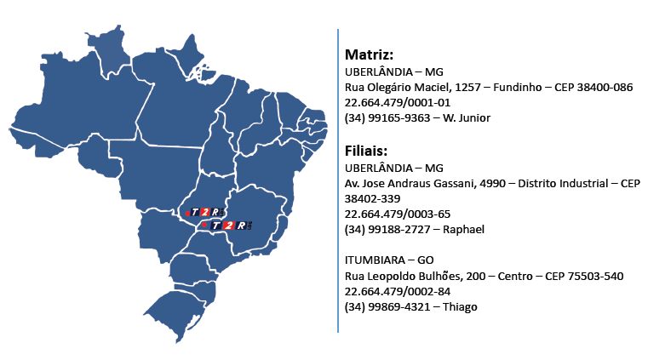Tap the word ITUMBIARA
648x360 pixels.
click(x=375, y=260)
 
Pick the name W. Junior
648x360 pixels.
click(x=466, y=118)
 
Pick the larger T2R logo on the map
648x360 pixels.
click(x=230, y=226)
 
